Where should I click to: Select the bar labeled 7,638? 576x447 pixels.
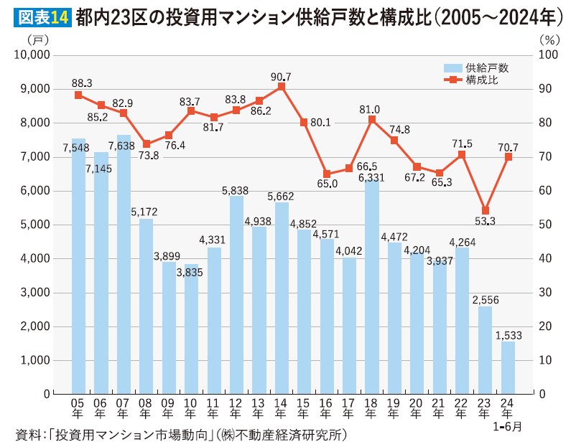(x=124, y=265)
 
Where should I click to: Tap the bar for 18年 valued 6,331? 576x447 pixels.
(x=372, y=287)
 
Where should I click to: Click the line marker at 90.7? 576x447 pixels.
(x=282, y=86)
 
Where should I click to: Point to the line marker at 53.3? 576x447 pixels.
(x=486, y=211)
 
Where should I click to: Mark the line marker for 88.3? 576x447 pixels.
(x=78, y=95)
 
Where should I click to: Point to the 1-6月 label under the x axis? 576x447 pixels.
(x=508, y=426)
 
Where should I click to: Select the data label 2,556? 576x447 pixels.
(x=486, y=298)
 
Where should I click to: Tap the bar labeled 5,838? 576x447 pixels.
(x=236, y=294)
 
